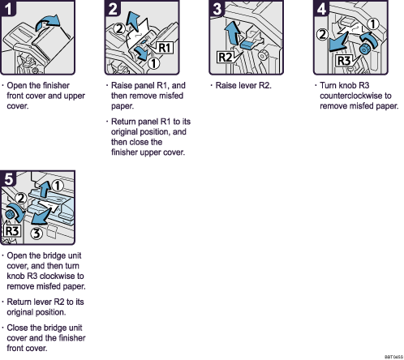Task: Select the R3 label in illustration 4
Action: (x=345, y=59)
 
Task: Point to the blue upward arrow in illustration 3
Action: (x=232, y=36)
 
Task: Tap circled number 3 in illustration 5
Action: (x=38, y=234)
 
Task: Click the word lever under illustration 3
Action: (x=255, y=85)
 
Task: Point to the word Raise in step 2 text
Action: (x=122, y=85)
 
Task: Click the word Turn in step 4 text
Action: (x=329, y=85)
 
